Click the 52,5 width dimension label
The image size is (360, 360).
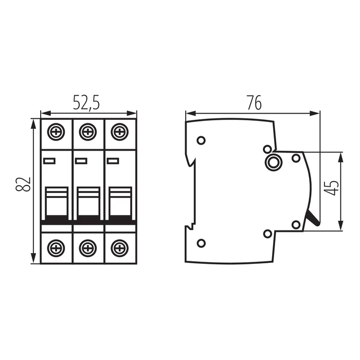(x=86, y=102)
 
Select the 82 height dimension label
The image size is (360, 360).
(x=24, y=185)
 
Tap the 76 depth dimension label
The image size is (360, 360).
(x=254, y=102)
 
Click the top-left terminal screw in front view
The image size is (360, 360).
(x=56, y=132)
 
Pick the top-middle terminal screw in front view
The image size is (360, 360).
(x=87, y=132)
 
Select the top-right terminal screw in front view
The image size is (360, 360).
(x=119, y=132)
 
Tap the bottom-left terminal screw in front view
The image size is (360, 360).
(x=56, y=249)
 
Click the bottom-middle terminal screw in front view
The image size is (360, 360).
(x=87, y=249)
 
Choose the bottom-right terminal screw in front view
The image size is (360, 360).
(x=119, y=249)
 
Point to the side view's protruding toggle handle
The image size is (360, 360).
(x=312, y=220)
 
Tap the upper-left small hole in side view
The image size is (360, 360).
(x=201, y=140)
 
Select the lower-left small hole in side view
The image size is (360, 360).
(x=201, y=243)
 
